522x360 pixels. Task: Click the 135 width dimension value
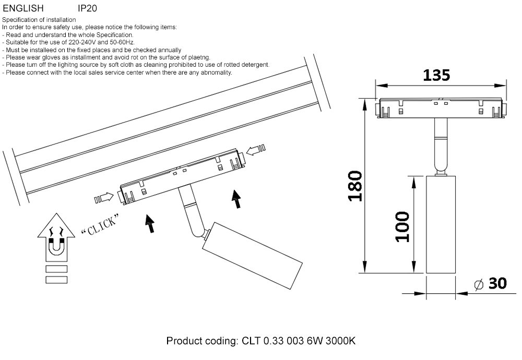tap(436, 75)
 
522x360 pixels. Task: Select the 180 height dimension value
tap(355, 185)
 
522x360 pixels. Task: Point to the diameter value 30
tap(497, 284)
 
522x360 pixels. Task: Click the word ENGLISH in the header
tap(23, 8)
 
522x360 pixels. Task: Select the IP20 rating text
tap(87, 8)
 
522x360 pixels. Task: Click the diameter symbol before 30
tap(478, 284)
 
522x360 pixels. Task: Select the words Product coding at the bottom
tap(201, 341)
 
